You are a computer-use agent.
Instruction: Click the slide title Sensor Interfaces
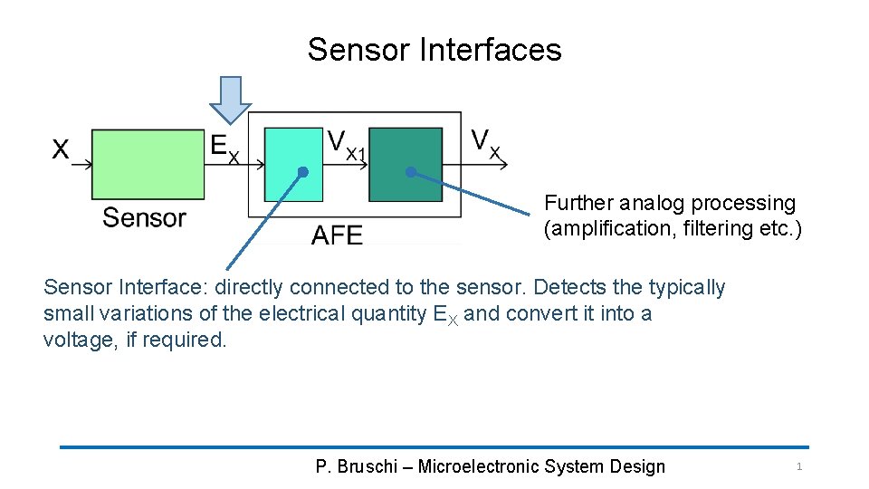[x=434, y=50]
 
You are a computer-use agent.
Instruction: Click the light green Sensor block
[x=148, y=164]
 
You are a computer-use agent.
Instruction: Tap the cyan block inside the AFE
[x=293, y=164]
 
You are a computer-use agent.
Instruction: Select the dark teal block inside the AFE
[x=406, y=164]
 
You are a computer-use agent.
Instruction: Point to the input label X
[x=61, y=149]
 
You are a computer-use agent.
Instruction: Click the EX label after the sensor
[x=224, y=147]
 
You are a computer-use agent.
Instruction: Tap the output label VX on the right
[x=486, y=143]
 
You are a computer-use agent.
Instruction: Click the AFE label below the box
[x=337, y=235]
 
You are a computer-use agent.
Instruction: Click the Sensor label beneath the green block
[x=144, y=217]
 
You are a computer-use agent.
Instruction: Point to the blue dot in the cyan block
[x=303, y=172]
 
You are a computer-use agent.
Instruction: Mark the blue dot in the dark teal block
[x=410, y=171]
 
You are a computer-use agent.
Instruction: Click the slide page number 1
[x=798, y=466]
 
